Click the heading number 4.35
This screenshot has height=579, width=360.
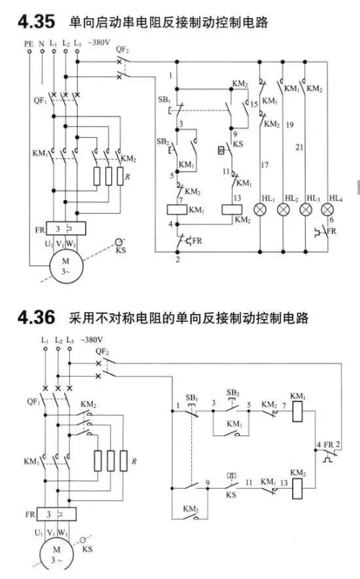(x=36, y=22)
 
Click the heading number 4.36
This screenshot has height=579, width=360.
(x=36, y=317)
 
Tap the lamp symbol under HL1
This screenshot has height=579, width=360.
(x=260, y=210)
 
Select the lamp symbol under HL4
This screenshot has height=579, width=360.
(x=327, y=210)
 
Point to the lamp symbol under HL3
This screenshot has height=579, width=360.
(x=305, y=210)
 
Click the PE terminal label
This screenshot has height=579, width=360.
(x=29, y=43)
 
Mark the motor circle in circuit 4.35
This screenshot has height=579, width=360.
(x=66, y=266)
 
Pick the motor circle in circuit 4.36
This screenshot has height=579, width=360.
(x=56, y=554)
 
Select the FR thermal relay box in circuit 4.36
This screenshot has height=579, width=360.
(x=56, y=514)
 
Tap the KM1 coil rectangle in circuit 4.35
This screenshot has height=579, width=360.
(x=177, y=210)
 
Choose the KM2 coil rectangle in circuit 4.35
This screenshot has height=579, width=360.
(x=232, y=210)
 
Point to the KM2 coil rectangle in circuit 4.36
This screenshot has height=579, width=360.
(x=298, y=489)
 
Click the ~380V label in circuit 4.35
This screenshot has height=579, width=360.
(x=99, y=42)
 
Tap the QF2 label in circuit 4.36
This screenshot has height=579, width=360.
(x=102, y=351)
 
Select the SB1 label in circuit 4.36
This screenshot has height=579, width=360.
(x=192, y=398)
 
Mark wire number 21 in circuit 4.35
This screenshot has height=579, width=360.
(x=299, y=147)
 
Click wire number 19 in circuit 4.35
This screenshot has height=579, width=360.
(x=289, y=125)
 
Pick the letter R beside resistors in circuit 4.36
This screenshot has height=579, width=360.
(x=134, y=461)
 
